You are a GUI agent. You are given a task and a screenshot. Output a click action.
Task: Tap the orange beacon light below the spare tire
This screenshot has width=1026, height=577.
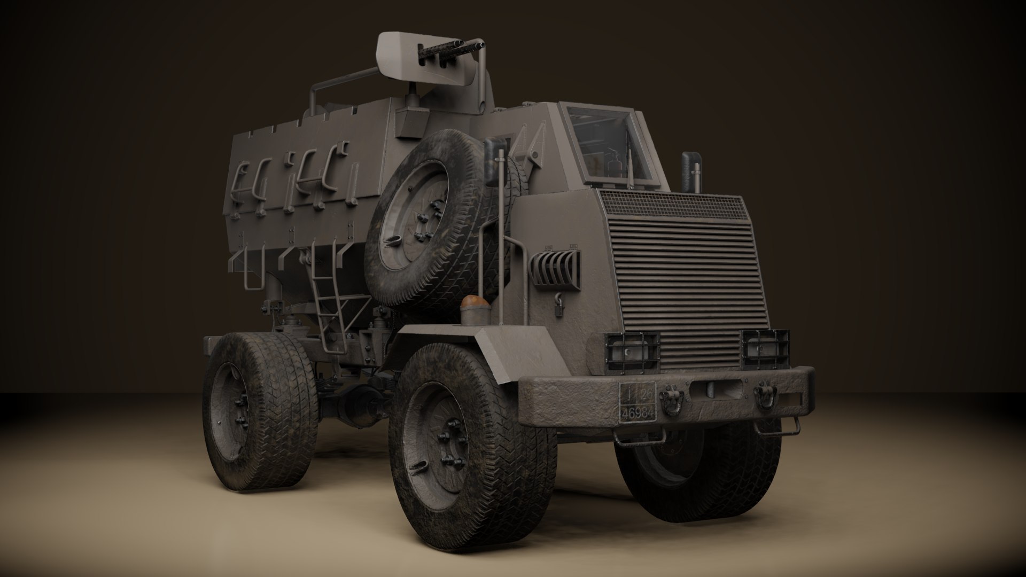point(475,304)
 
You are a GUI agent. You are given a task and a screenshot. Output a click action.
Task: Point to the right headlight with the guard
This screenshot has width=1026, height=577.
point(765,350)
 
